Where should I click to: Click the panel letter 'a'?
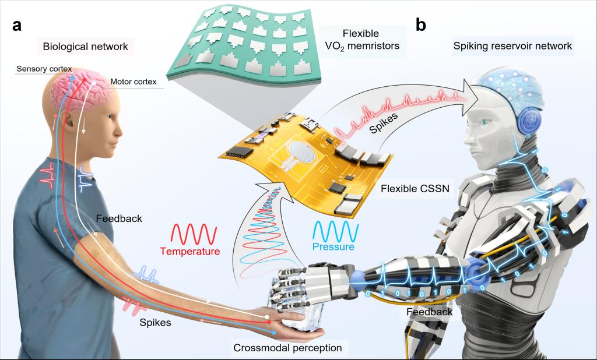17,25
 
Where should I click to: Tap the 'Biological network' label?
85,45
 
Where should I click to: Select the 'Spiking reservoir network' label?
512,45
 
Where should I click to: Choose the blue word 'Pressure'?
334,247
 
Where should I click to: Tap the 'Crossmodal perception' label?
287,348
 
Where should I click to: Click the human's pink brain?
86,86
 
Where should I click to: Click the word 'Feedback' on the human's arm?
119,220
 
